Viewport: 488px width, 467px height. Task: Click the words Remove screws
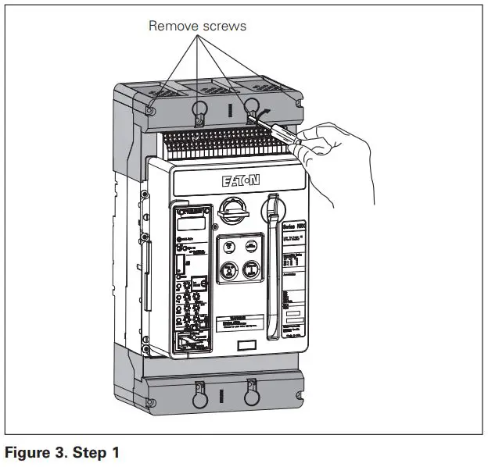pos(197,26)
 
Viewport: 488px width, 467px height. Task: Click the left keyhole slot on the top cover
pos(199,110)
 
